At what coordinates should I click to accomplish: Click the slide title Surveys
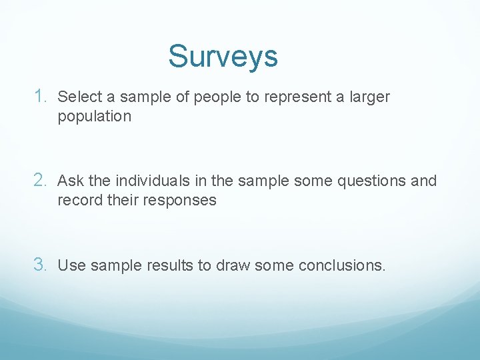[223, 57]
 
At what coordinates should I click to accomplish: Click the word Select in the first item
[76, 97]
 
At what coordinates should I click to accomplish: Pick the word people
[218, 98]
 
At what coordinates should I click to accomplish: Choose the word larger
[369, 98]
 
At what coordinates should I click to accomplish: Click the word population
[95, 117]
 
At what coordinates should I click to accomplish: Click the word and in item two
[424, 181]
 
